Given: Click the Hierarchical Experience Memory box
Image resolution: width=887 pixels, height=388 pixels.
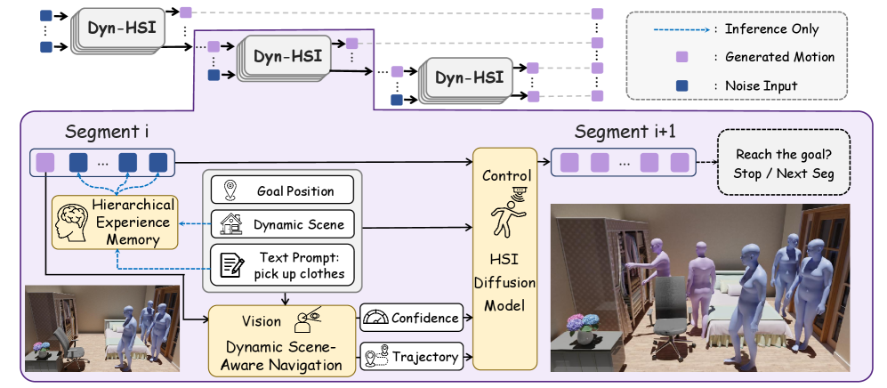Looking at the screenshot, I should click(111, 222).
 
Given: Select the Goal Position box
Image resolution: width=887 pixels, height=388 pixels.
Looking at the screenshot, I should click(283, 190).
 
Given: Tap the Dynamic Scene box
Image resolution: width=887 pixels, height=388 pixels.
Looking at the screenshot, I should click(283, 225).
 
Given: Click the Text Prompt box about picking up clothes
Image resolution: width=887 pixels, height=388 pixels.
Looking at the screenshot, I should click(283, 264).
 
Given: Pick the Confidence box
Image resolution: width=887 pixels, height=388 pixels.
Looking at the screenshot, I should click(412, 318).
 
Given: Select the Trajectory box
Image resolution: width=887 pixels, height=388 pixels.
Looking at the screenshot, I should click(412, 357).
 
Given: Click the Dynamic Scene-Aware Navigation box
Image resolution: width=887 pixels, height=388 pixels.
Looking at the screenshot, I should click(281, 340).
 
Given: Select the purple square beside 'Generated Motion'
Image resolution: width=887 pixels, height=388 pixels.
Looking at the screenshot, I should click(682, 57).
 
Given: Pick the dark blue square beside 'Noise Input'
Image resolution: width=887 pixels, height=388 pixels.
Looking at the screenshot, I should click(682, 85).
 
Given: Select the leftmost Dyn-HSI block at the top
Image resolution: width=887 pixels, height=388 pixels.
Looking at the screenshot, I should click(122, 29).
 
